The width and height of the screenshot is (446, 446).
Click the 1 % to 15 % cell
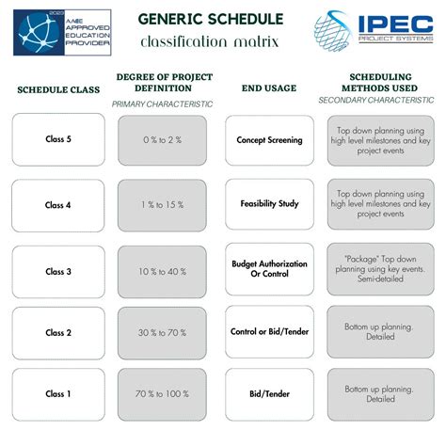[x=162, y=205]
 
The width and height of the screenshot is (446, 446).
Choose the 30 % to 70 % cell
[x=162, y=332]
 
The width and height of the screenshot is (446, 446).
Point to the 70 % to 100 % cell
[x=162, y=393]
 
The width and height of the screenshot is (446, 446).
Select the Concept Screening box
[x=269, y=139]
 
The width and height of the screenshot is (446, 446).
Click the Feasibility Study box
[x=269, y=205]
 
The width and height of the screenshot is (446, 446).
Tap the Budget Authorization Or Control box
[x=269, y=271]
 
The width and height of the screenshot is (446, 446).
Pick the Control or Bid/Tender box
[x=269, y=332]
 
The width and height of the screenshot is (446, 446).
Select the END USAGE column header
[x=269, y=88]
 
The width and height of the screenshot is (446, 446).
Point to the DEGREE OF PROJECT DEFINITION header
[x=162, y=82]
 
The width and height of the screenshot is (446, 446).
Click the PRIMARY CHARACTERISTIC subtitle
[x=162, y=104]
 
